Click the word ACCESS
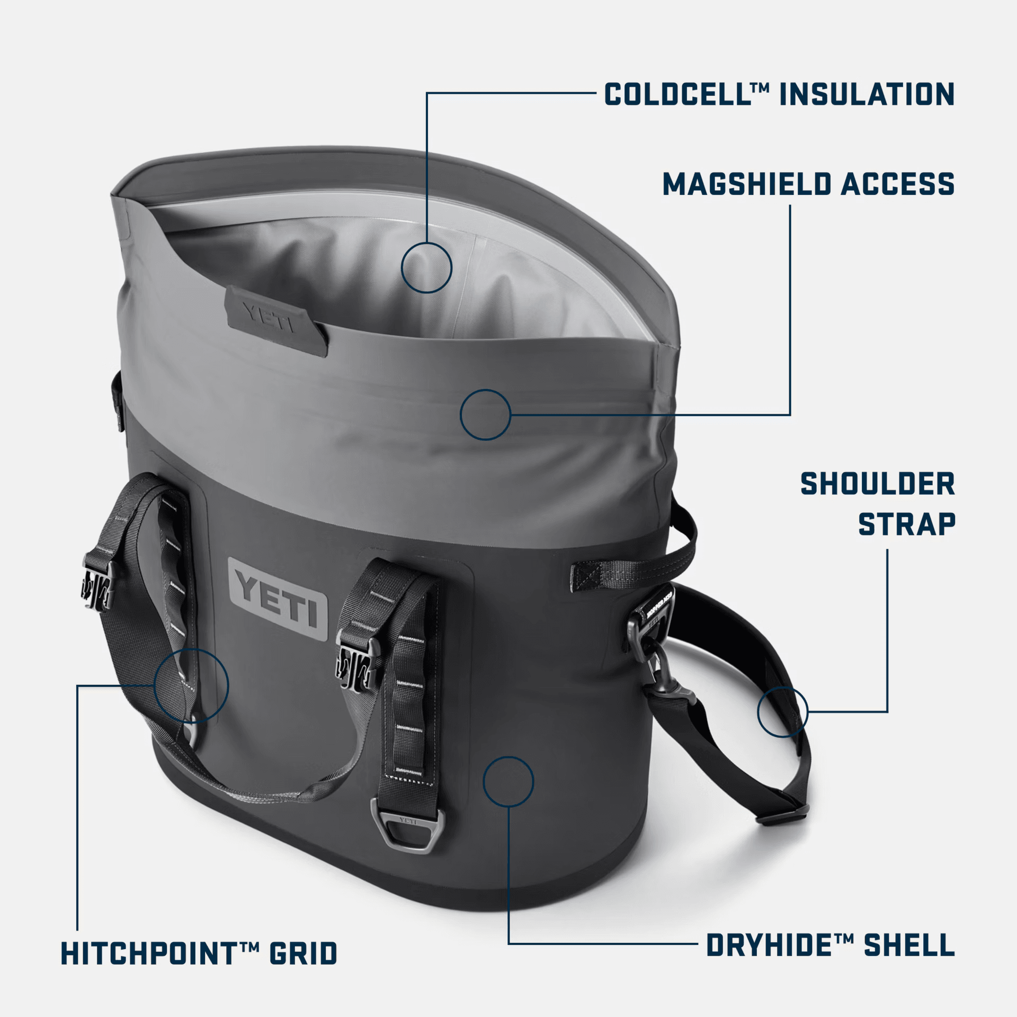tap(898, 184)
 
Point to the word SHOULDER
tap(877, 484)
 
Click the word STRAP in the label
tap(907, 524)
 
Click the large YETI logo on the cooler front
tap(279, 599)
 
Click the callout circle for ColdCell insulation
tap(426, 267)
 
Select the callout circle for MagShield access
tap(485, 414)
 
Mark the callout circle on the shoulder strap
tap(783, 711)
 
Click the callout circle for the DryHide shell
tap(508, 781)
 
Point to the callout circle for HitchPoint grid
tap(191, 685)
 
